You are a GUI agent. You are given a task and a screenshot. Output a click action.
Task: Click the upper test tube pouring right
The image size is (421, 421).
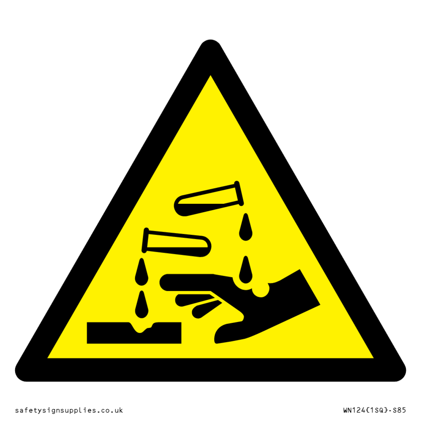click(x=209, y=199)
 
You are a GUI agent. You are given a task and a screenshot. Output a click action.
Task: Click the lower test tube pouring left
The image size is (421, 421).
click(x=176, y=242)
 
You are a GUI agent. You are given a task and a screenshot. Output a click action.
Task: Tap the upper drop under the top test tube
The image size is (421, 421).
click(x=246, y=227)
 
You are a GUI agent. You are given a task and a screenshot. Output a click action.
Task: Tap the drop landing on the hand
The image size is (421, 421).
click(x=246, y=269)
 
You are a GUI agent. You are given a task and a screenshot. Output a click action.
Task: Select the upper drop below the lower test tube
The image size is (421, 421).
click(x=141, y=272)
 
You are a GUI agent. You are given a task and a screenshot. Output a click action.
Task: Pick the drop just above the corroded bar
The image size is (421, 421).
click(x=141, y=304)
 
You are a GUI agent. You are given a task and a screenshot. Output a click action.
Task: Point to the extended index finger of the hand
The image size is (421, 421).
click(x=188, y=282)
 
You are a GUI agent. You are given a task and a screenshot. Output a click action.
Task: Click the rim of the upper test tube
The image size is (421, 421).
click(x=239, y=193)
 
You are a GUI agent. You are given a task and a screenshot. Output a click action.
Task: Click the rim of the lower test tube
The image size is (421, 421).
click(x=145, y=240)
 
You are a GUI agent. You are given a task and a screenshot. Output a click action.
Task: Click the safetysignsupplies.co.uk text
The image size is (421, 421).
click(x=69, y=410)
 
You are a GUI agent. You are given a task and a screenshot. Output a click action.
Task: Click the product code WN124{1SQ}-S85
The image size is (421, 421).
click(x=375, y=410)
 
